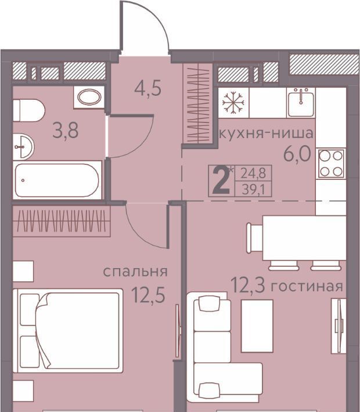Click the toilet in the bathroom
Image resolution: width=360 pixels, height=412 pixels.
[28, 110]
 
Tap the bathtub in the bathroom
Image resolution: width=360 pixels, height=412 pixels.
[57, 180]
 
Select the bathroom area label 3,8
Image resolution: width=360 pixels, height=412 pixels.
[66, 131]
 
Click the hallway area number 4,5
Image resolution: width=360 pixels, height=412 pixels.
[147, 89]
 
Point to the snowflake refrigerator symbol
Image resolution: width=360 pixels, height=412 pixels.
[233, 103]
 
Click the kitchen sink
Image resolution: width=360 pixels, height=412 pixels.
[301, 103]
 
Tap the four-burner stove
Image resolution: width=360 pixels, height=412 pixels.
[331, 164]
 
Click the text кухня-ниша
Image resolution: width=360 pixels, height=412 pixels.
[266, 133]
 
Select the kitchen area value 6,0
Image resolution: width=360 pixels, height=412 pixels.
[297, 154]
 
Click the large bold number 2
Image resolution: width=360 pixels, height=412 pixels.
[221, 180]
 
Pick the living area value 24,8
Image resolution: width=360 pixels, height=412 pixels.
[253, 174]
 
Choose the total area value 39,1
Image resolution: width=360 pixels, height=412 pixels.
[254, 189]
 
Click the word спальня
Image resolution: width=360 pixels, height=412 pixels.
[135, 272]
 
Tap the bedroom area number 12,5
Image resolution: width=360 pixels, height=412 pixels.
[149, 295]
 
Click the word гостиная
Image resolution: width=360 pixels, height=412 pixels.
[307, 286]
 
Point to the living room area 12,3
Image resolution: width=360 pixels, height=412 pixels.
[247, 285]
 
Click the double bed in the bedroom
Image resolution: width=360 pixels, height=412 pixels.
[68, 331]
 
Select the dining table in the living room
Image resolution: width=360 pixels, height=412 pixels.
[304, 238]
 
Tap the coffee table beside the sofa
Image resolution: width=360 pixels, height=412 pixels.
[257, 326]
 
